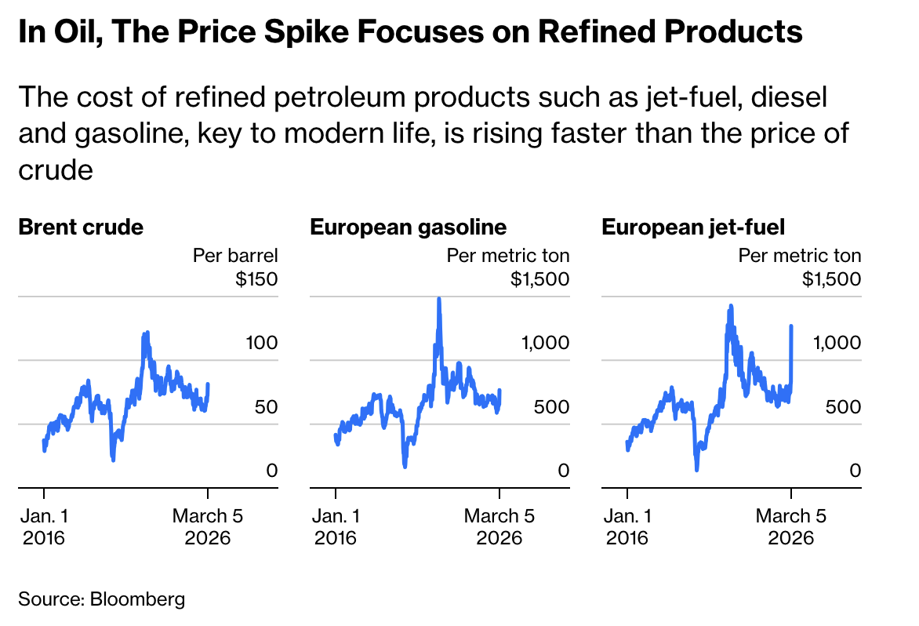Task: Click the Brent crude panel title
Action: tap(81, 227)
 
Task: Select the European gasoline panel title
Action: tap(408, 227)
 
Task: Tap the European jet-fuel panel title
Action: tap(693, 227)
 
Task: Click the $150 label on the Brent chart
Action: tap(256, 278)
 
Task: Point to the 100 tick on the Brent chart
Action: tap(262, 343)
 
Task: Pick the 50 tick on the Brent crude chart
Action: tap(267, 407)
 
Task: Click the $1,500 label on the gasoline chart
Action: tap(539, 278)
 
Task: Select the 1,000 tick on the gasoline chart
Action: tap(545, 343)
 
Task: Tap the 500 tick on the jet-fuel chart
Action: tap(843, 407)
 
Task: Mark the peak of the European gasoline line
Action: tap(439, 299)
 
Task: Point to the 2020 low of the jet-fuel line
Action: tap(696, 468)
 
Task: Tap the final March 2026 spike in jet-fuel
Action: tap(791, 326)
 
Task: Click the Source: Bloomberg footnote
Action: tap(102, 599)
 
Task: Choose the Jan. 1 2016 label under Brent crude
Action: tap(44, 526)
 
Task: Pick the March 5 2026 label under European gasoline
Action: tap(499, 526)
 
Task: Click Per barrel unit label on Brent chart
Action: tap(235, 255)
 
